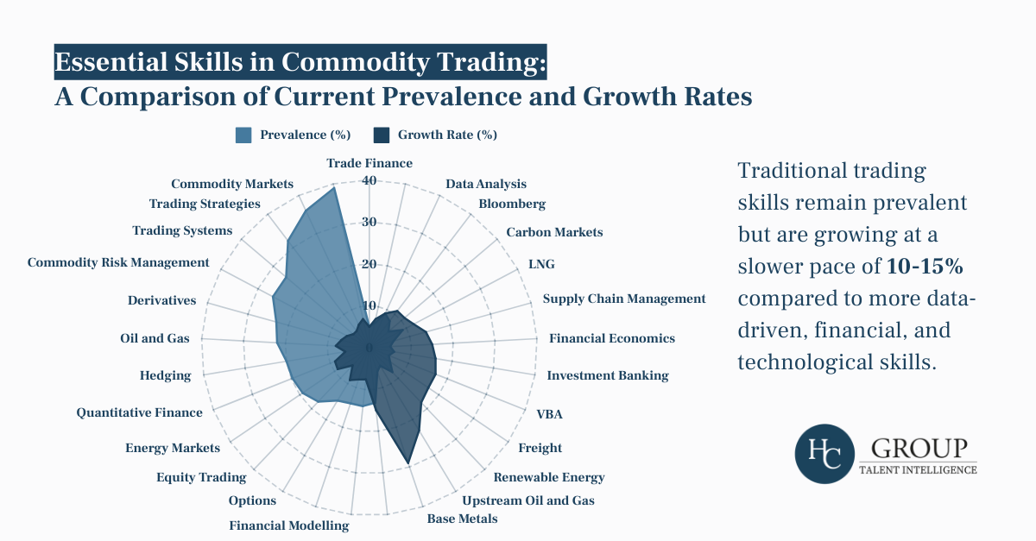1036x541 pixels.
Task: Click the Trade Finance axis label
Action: click(370, 163)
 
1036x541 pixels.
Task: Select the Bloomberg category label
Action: click(512, 204)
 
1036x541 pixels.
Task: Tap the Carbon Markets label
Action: click(554, 232)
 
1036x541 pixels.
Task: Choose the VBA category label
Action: click(549, 414)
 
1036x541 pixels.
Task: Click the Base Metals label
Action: click(462, 519)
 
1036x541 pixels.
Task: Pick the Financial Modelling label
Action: click(289, 525)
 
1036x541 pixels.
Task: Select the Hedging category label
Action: click(165, 375)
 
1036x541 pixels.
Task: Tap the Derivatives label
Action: click(161, 300)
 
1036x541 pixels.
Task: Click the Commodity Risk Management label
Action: click(118, 262)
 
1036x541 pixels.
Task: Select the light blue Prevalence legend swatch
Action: click(243, 135)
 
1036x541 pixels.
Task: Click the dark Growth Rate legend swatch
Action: click(381, 135)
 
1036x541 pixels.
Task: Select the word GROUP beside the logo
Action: click(919, 449)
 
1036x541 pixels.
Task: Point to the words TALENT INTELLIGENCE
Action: click(919, 470)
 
